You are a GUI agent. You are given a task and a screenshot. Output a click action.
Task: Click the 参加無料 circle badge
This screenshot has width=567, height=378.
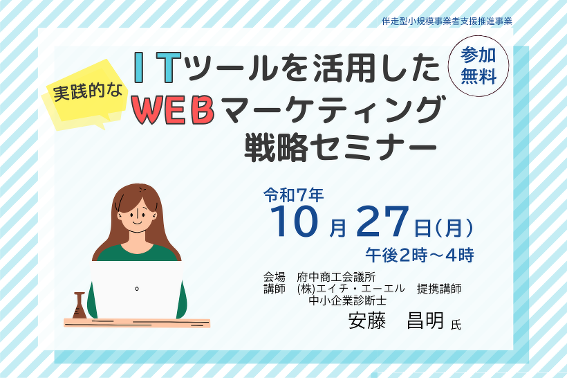click(478, 66)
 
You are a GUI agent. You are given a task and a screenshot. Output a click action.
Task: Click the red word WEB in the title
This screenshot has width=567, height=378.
click(173, 111)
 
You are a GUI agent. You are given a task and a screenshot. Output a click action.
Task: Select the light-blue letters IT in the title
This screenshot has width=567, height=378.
click(158, 67)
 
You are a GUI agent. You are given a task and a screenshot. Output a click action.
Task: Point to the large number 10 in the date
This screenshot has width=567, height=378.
click(295, 222)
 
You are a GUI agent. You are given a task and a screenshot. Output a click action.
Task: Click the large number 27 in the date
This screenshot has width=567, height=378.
click(383, 222)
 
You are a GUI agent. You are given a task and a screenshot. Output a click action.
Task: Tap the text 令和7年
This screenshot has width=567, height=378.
click(293, 195)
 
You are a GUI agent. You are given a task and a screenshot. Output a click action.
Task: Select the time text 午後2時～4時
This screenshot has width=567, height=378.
click(420, 255)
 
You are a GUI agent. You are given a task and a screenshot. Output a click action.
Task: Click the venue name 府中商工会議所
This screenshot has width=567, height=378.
click(336, 278)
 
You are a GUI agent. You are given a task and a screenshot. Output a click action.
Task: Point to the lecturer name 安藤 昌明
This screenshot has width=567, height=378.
click(396, 321)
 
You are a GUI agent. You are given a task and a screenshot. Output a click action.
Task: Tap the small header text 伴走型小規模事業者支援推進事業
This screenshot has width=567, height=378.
click(447, 21)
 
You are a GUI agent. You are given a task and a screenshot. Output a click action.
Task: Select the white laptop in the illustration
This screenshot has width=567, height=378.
click(137, 289)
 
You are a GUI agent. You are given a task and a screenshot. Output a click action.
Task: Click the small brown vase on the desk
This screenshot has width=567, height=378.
click(80, 305)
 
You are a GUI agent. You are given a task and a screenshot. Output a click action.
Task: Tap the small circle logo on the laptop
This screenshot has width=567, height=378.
click(137, 289)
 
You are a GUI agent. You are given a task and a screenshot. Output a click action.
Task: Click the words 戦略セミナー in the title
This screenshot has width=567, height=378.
click(340, 147)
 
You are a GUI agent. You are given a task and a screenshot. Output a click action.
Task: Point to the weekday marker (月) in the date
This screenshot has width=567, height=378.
click(454, 228)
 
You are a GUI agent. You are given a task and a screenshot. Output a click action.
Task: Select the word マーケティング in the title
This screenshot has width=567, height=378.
click(333, 111)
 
